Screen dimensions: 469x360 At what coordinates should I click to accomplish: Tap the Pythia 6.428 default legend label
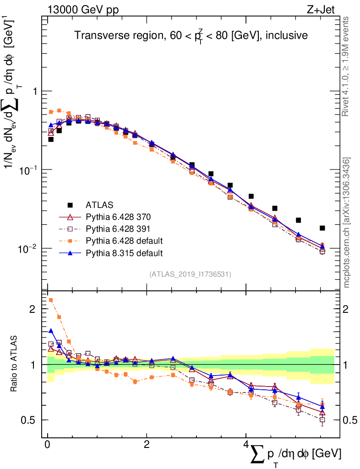pyautogui.click(x=124, y=240)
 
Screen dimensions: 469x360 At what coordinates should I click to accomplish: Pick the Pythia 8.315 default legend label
pyautogui.click(x=124, y=252)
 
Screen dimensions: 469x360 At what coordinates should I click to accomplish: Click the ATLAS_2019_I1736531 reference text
pyautogui.click(x=190, y=274)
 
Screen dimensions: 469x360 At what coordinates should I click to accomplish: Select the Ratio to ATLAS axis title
pyautogui.click(x=14, y=364)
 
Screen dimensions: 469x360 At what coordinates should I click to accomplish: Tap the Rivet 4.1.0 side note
pyautogui.click(x=346, y=66)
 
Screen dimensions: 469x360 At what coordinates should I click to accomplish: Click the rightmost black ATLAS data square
pyautogui.click(x=322, y=228)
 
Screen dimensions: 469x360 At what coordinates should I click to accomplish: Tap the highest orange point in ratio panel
pyautogui.click(x=51, y=300)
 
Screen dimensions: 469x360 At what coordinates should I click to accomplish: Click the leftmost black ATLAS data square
pyautogui.click(x=51, y=139)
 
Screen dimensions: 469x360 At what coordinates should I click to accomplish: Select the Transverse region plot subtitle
pyautogui.click(x=191, y=36)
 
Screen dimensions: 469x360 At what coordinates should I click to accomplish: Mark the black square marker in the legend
pyautogui.click(x=71, y=205)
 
